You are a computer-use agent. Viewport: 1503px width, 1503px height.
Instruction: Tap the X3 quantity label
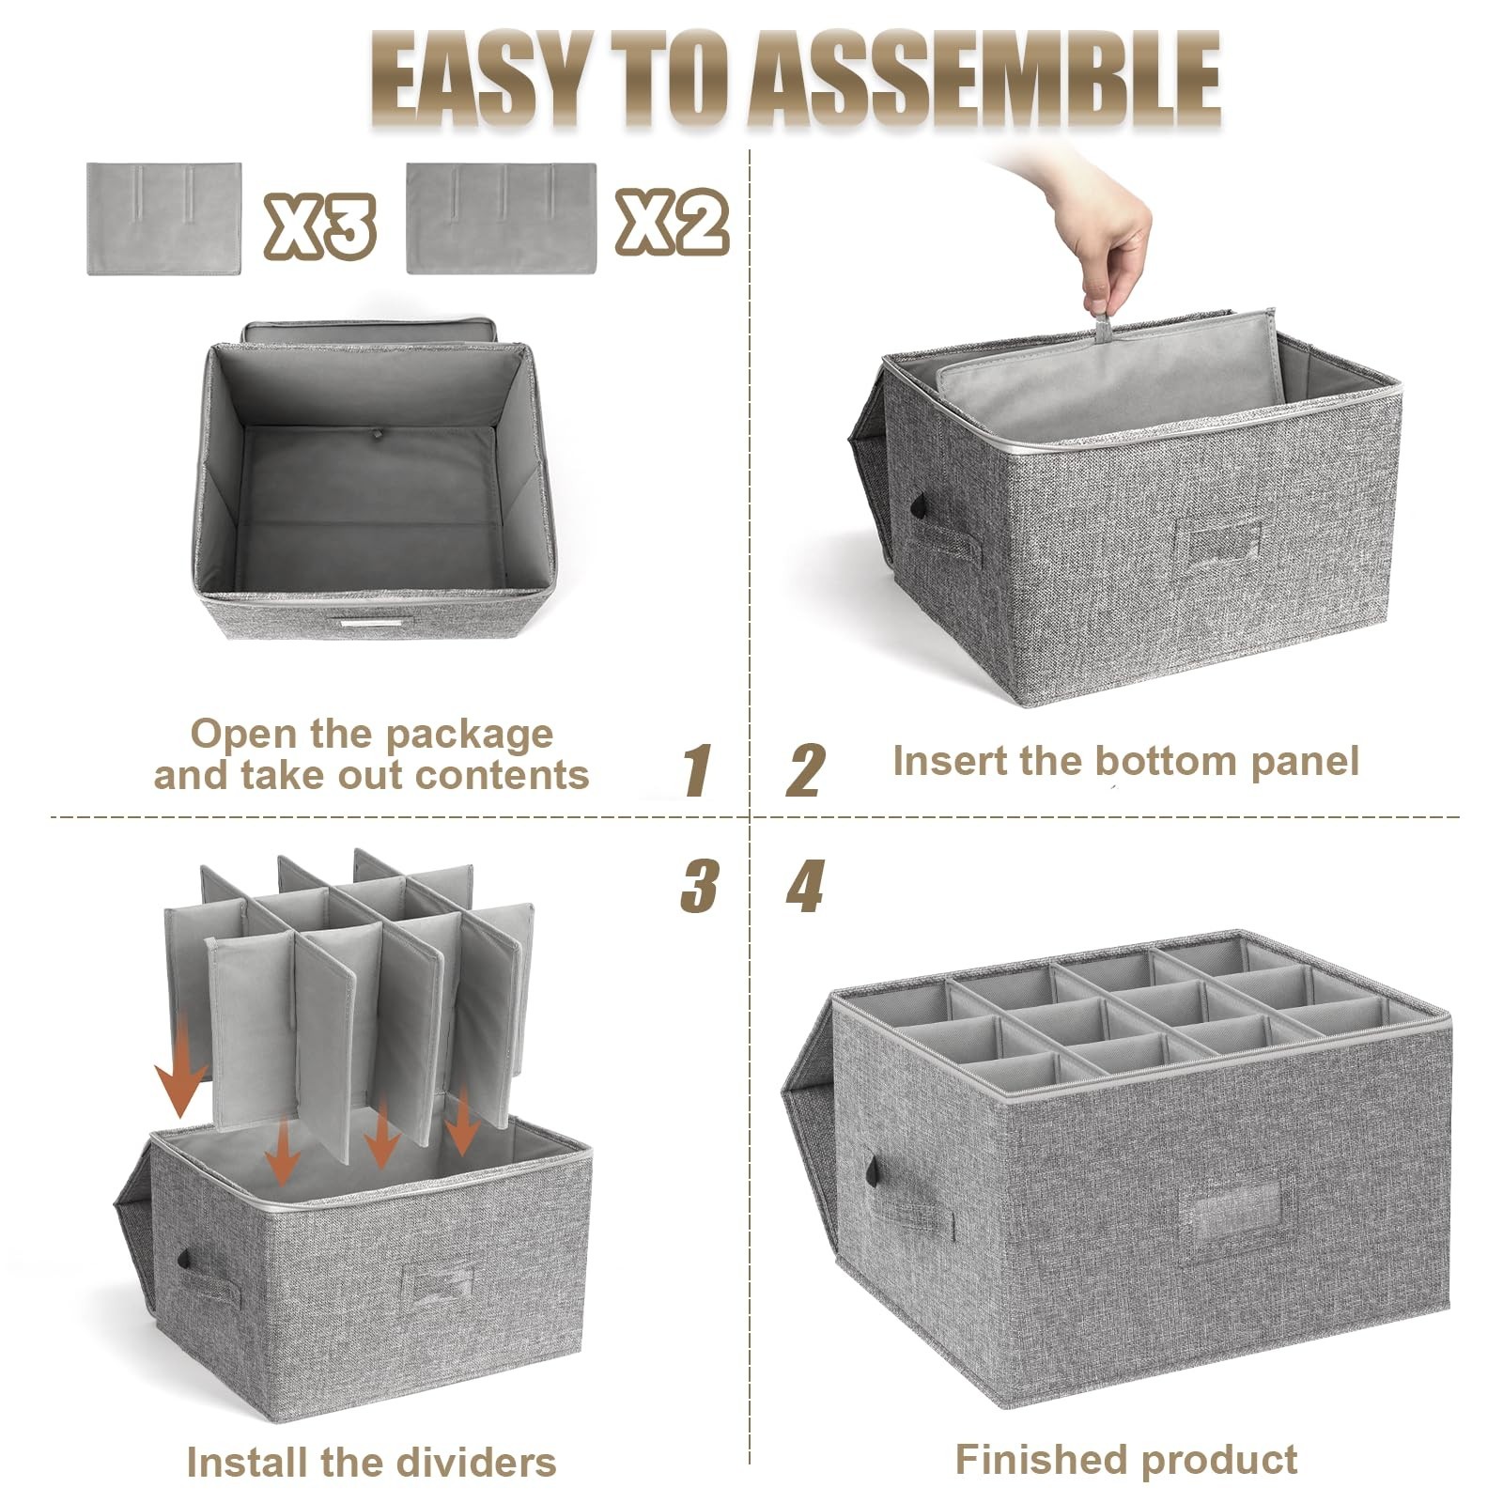point(319,225)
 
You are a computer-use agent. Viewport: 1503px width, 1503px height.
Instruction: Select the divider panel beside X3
point(164,219)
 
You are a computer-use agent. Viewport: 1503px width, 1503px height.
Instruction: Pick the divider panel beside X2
point(502,219)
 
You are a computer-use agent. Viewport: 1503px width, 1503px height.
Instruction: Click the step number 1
point(696,770)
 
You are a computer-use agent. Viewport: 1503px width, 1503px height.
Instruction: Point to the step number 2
point(806,770)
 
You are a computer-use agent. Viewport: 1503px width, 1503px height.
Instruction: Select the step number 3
point(699,886)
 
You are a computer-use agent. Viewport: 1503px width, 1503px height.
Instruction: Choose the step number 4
point(805,886)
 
